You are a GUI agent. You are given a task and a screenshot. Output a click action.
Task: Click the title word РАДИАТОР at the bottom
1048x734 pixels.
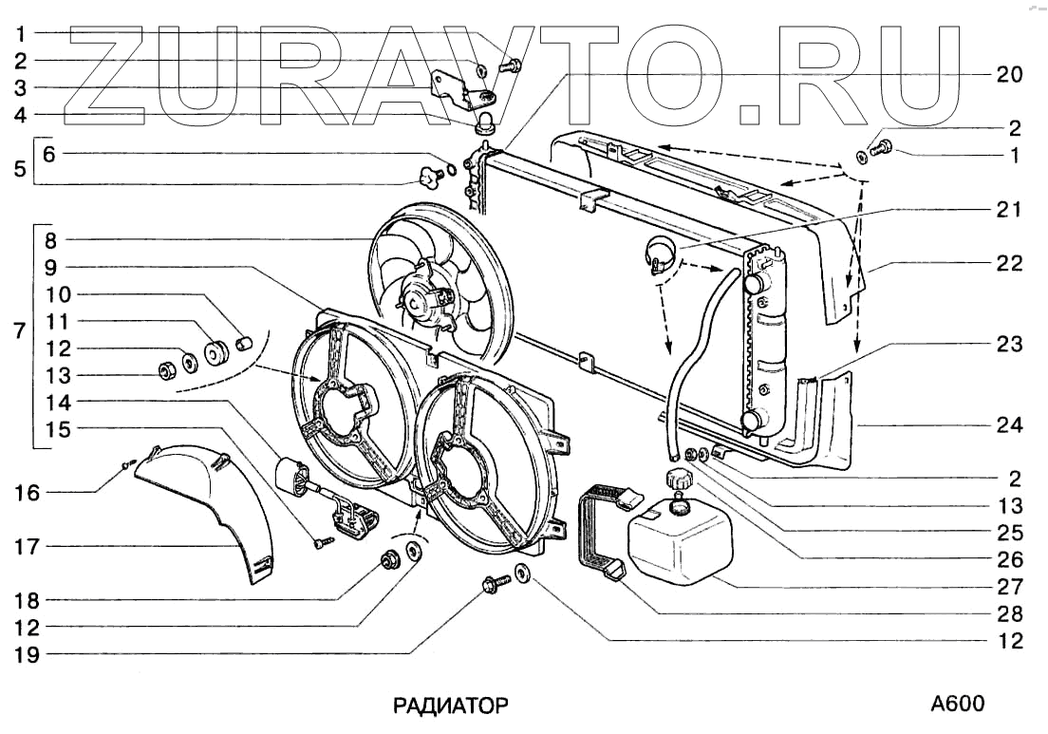click(451, 706)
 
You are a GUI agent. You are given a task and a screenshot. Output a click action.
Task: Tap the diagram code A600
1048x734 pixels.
click(957, 704)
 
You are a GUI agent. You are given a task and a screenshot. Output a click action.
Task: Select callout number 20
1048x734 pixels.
click(1010, 74)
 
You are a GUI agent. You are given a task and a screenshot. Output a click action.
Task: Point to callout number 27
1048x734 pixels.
click(1010, 586)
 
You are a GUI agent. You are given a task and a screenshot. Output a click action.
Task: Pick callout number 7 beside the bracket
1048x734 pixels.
click(16, 334)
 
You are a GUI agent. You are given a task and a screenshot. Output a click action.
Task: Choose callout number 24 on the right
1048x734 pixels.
click(1010, 425)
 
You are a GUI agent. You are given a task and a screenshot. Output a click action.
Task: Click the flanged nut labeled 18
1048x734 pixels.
click(388, 559)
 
